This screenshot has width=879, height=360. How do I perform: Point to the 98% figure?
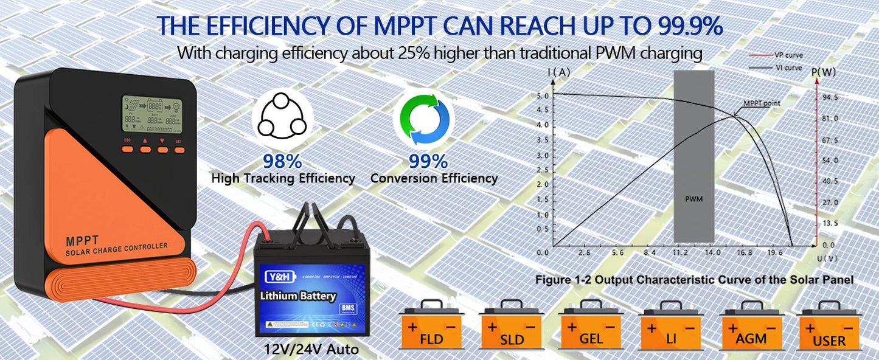283,162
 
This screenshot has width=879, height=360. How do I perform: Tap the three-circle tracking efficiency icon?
282,119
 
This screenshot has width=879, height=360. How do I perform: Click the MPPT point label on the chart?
762,103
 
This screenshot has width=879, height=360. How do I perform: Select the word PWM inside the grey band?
693,199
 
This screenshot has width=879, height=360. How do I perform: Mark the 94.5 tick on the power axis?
830,97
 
